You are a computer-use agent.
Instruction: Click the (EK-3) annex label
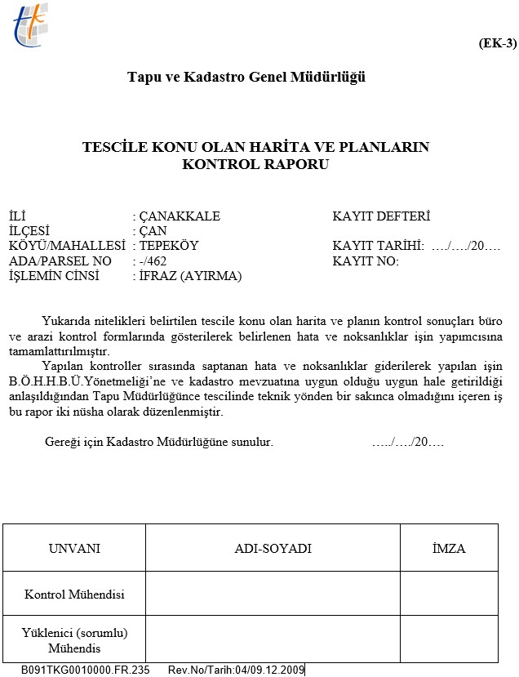496,43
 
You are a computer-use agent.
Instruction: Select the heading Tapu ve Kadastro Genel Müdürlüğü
246,78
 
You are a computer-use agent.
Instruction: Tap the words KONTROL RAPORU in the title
256,163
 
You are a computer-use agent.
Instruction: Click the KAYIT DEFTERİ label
381,216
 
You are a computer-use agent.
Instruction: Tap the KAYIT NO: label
366,261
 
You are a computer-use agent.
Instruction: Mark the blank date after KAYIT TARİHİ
465,246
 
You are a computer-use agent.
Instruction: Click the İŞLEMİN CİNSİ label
53,275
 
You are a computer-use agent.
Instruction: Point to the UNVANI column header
75,548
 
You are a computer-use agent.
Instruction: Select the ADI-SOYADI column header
273,548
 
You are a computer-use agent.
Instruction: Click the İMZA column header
449,548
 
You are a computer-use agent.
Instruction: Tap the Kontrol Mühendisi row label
75,595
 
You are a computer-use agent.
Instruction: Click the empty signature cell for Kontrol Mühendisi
449,594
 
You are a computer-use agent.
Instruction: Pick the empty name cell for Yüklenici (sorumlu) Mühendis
273,639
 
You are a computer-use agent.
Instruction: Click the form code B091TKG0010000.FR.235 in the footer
86,670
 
